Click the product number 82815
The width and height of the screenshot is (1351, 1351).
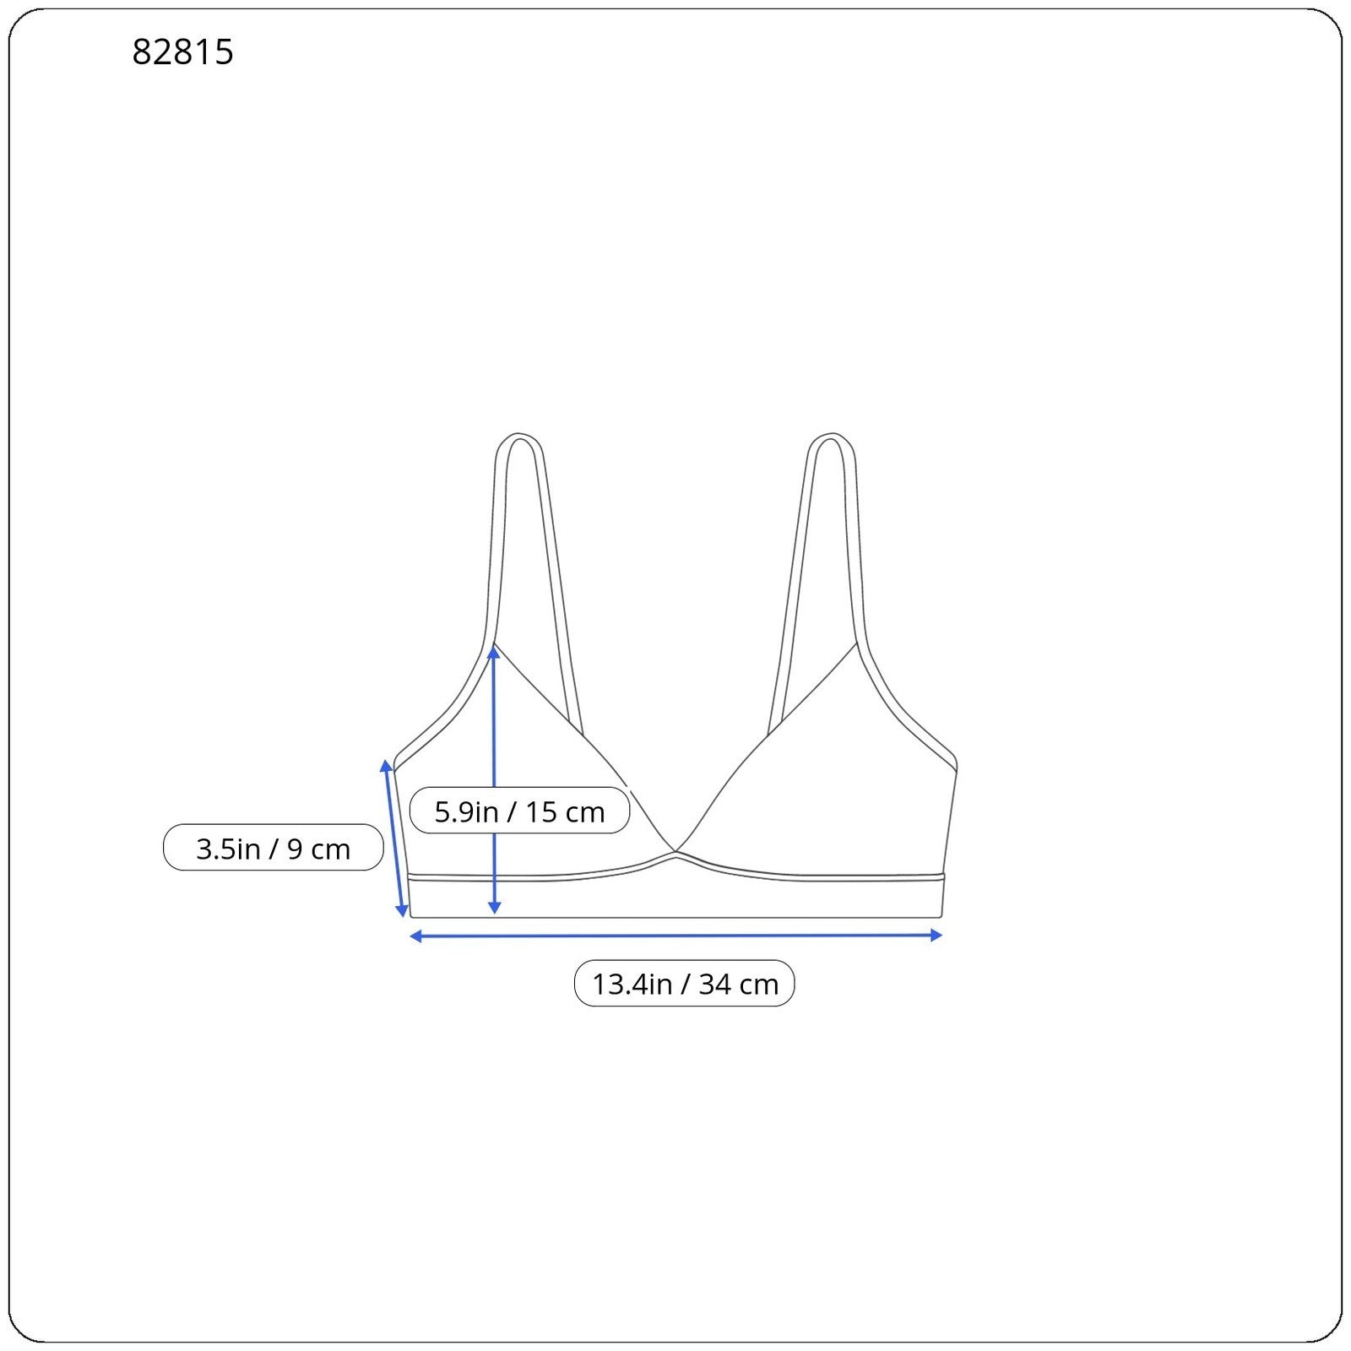coord(182,52)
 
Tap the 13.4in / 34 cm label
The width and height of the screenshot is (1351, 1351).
coord(684,984)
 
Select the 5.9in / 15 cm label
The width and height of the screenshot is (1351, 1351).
coord(519,811)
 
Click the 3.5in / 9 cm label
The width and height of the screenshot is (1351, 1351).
coord(273,848)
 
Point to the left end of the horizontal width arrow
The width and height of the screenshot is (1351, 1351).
coord(414,936)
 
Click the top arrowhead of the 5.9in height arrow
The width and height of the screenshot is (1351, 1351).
coord(494,651)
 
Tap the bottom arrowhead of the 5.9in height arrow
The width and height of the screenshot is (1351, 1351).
coord(495,909)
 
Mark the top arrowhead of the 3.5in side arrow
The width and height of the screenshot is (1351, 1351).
coord(387,765)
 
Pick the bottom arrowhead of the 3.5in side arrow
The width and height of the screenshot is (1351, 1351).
coord(403,912)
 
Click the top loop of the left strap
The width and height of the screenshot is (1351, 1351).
coord(517,439)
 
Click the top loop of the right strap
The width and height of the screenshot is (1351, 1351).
coord(830,439)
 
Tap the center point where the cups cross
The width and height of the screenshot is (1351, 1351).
coord(675,854)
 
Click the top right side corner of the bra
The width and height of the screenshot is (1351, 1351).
coord(955,767)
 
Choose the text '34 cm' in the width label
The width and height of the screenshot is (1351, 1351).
coord(738,984)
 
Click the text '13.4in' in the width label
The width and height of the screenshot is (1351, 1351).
coord(632,984)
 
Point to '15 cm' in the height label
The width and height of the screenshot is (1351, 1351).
coord(565,811)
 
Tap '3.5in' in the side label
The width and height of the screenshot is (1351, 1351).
coord(228,848)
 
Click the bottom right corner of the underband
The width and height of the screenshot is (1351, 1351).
coord(941,915)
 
